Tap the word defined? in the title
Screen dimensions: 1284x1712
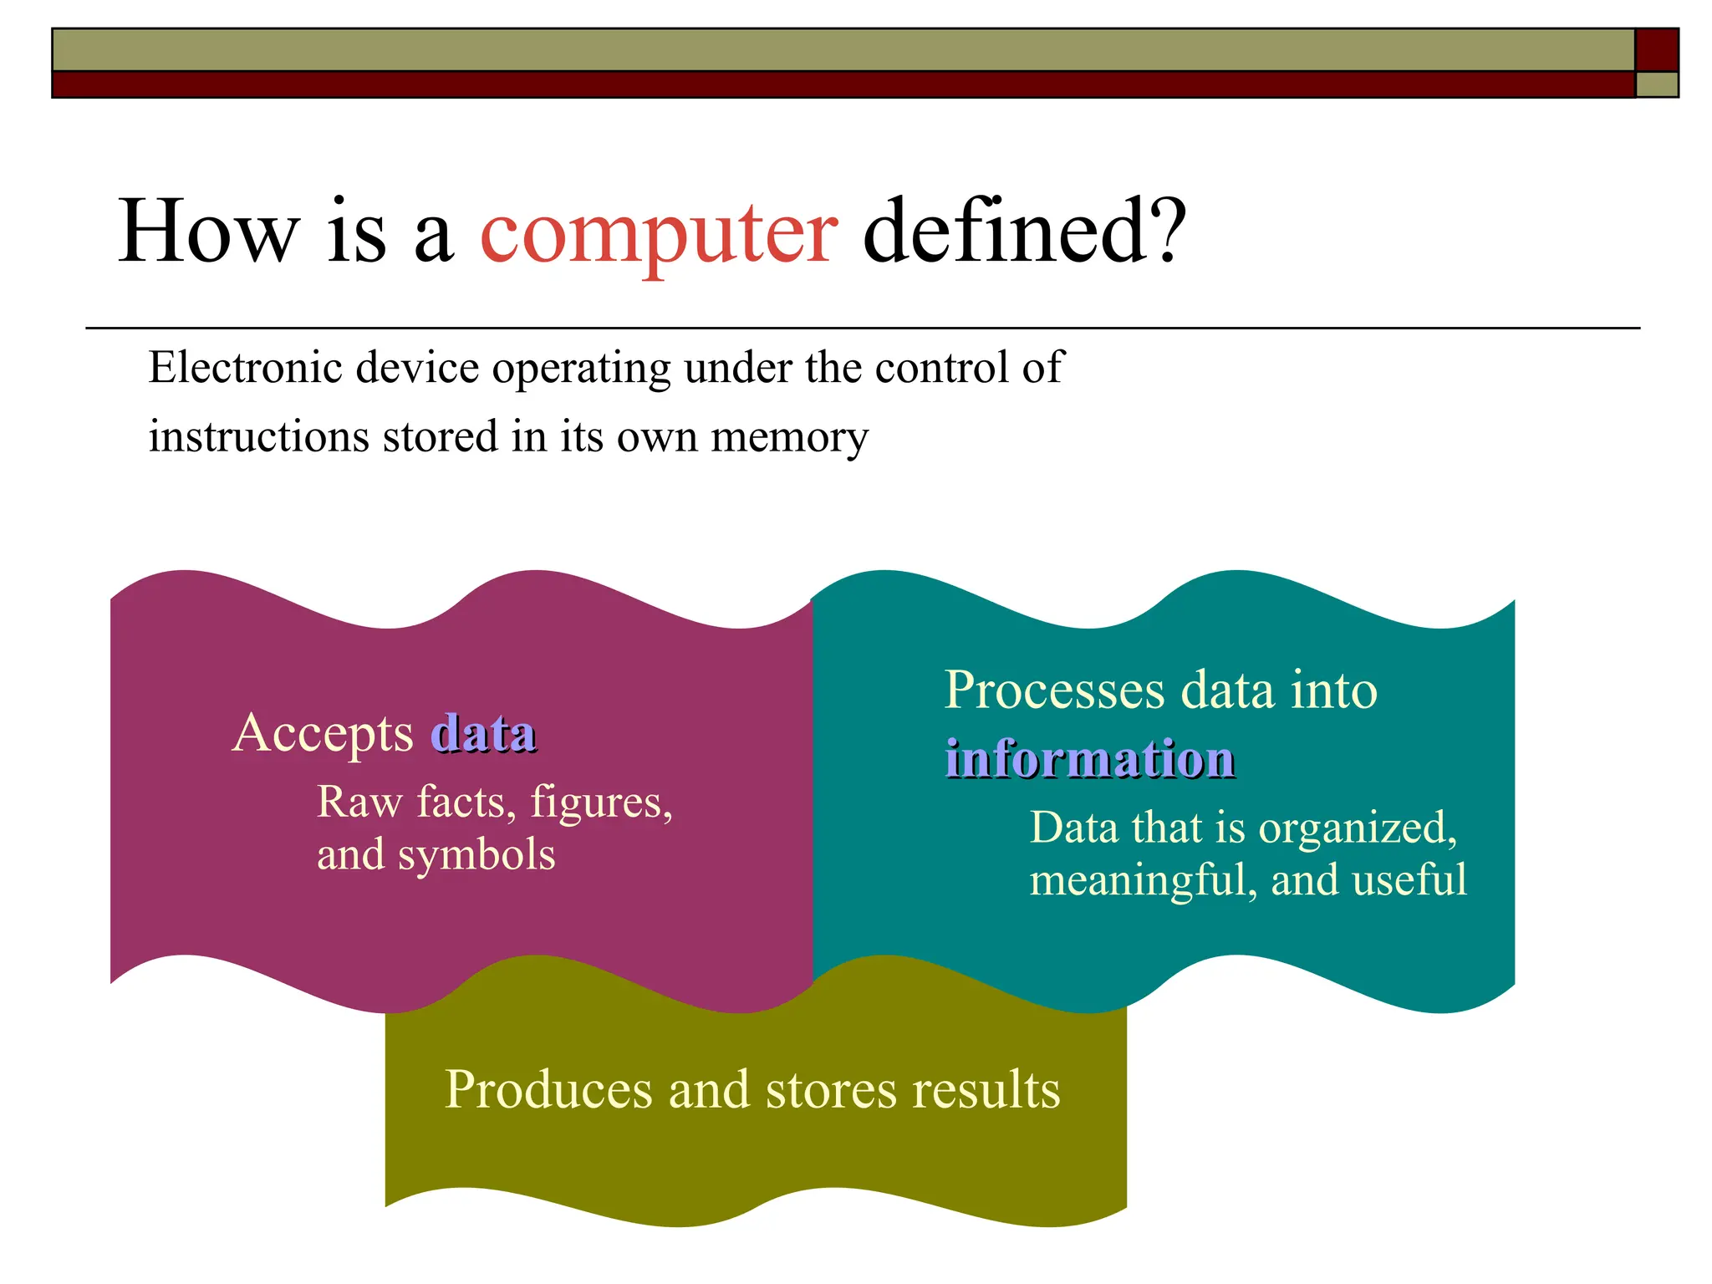pos(1024,230)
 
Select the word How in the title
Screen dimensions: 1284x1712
pos(208,232)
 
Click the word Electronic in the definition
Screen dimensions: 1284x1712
pos(245,368)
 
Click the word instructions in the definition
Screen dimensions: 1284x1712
pos(258,436)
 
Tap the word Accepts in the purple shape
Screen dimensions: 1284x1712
pos(323,734)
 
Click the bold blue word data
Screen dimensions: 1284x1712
pos(483,734)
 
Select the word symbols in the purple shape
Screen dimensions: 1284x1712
pos(476,855)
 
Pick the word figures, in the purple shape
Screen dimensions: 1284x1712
pos(602,802)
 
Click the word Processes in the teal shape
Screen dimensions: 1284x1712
pos(1054,690)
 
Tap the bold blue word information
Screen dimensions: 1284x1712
pos(1089,759)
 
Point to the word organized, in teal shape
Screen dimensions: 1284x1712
pos(1358,828)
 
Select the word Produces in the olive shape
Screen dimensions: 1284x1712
pos(548,1090)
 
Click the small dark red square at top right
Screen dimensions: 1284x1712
pos(1657,49)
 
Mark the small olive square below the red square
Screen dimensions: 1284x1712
pos(1657,84)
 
